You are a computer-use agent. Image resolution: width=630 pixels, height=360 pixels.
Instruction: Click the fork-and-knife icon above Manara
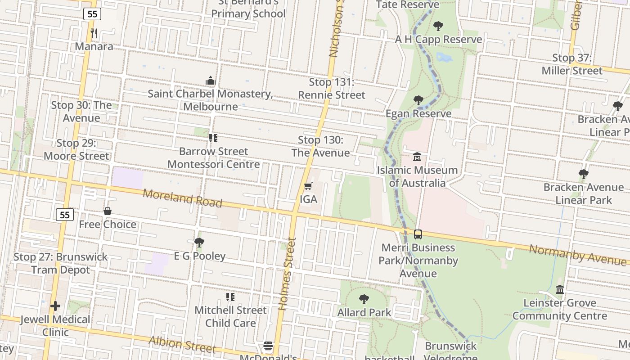click(94, 33)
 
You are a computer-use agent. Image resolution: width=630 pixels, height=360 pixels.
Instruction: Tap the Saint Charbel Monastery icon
click(210, 81)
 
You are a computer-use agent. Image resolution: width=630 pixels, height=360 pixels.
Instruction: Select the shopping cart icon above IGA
click(308, 186)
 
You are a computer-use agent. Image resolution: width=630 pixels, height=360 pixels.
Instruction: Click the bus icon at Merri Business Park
click(418, 234)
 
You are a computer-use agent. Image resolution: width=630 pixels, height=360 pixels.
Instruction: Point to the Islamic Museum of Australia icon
click(417, 157)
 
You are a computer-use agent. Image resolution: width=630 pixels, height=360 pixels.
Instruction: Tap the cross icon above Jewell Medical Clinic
click(55, 306)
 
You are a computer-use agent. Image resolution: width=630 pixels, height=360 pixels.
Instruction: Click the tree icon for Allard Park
click(364, 299)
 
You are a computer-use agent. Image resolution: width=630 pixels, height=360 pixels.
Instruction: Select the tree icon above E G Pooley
click(199, 243)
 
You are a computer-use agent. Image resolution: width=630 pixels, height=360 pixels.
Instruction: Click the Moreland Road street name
click(182, 197)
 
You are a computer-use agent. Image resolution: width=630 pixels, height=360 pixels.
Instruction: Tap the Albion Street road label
click(182, 344)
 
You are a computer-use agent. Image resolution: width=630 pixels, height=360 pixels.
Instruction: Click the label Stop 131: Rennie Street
click(332, 89)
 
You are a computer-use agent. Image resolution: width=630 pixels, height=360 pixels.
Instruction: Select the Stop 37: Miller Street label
click(571, 64)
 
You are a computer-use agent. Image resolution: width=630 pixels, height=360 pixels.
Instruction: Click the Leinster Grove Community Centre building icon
click(560, 290)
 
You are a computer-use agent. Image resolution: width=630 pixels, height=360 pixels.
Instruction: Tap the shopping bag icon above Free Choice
click(108, 211)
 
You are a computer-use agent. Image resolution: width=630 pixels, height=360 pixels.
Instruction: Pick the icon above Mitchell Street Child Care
click(230, 297)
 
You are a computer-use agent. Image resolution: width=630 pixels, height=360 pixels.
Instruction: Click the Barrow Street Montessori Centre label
click(214, 157)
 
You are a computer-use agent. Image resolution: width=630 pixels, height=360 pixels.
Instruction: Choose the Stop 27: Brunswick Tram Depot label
click(61, 263)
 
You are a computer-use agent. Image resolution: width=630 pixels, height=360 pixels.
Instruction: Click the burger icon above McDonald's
click(268, 346)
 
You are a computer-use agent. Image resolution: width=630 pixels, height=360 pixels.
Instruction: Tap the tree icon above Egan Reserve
click(418, 100)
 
